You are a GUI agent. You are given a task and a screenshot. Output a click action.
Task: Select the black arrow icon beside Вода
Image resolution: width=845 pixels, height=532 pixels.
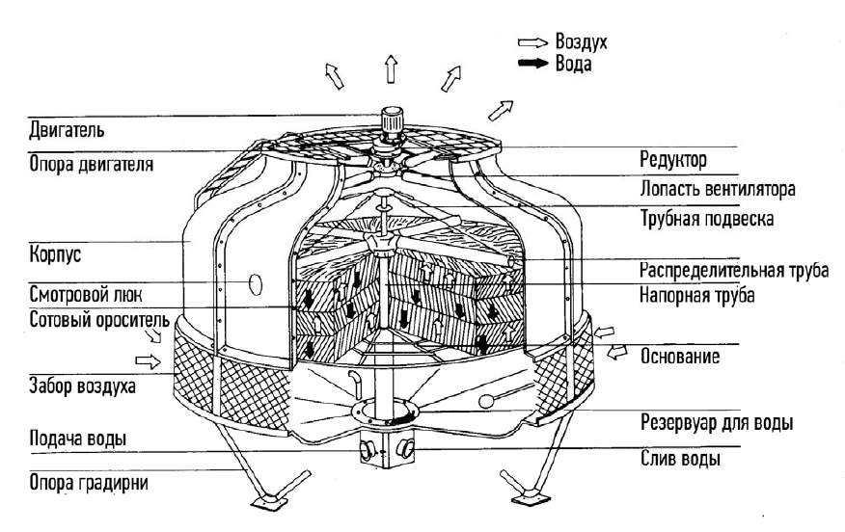532,65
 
